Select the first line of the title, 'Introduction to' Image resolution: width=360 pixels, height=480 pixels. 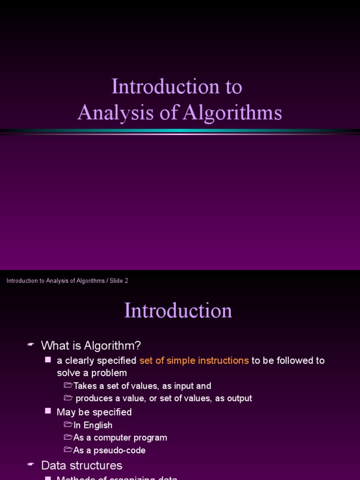[x=177, y=87]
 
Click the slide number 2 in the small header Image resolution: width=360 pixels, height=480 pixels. [x=126, y=281]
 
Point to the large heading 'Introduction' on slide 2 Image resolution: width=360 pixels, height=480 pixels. [x=178, y=310]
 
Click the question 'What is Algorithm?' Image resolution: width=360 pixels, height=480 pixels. [x=91, y=345]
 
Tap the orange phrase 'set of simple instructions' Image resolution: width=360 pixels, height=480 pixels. [x=194, y=360]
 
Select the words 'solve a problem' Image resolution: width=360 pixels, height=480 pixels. [x=92, y=373]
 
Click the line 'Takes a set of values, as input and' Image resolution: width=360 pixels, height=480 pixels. [x=142, y=386]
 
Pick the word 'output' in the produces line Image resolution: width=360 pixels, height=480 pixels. [x=240, y=398]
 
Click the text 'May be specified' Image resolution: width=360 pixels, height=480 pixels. [x=94, y=412]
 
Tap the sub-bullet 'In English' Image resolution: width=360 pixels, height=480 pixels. [x=93, y=425]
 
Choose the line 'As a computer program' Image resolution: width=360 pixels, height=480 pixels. [x=120, y=437]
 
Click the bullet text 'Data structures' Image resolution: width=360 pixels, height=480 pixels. [x=82, y=465]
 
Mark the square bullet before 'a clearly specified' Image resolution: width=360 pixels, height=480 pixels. [x=48, y=360]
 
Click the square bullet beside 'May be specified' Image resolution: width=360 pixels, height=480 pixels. [x=48, y=411]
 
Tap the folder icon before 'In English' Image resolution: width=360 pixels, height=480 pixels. [x=68, y=425]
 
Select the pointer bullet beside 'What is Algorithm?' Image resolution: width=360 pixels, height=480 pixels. [x=31, y=345]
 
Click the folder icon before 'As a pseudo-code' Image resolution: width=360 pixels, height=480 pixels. [x=68, y=450]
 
